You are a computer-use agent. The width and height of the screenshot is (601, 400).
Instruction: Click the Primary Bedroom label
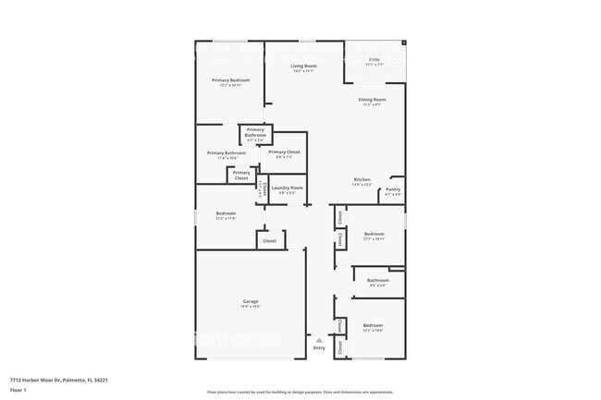tap(230, 80)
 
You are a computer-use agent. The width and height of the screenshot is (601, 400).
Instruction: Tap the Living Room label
tap(304, 67)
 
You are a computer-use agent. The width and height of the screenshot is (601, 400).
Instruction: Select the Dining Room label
tap(373, 99)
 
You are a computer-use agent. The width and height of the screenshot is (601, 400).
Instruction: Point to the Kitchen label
tap(362, 179)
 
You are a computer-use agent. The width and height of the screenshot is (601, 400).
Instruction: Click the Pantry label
tap(393, 189)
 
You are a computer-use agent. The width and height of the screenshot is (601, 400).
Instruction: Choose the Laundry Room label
tap(287, 188)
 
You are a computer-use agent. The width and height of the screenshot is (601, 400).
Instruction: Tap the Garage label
tap(251, 301)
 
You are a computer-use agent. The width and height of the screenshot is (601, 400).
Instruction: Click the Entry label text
tap(319, 348)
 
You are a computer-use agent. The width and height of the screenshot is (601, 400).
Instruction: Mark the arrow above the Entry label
tap(319, 340)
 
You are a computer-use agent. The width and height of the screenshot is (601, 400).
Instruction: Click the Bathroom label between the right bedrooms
tap(377, 280)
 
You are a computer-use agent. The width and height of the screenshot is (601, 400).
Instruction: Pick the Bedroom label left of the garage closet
tap(226, 213)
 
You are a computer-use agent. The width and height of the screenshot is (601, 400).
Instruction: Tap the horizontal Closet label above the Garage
tap(270, 240)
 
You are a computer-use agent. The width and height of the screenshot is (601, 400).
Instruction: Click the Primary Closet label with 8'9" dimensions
tap(284, 152)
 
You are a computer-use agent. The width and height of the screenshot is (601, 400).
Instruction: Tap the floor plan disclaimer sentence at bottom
tap(300, 392)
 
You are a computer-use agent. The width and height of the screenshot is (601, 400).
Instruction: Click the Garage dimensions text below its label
tap(251, 307)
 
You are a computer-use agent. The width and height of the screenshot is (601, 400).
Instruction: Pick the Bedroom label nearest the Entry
tap(373, 325)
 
